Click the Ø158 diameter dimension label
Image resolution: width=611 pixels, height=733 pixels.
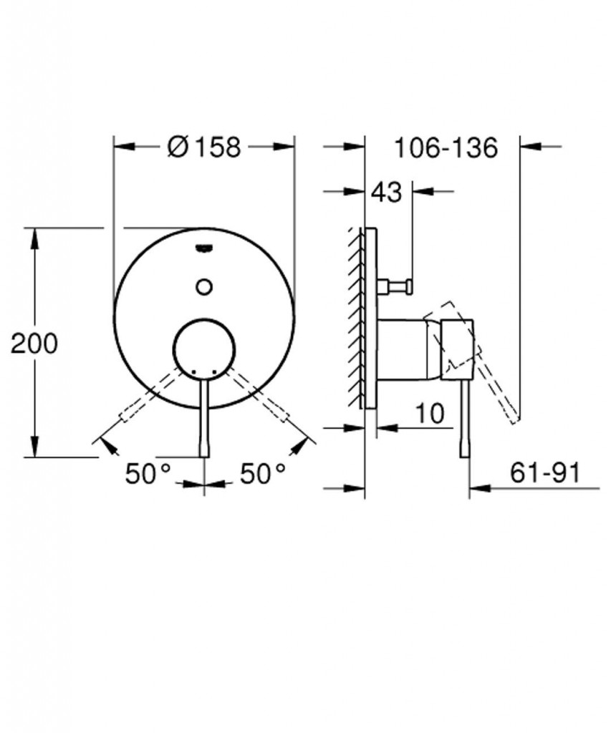point(203,147)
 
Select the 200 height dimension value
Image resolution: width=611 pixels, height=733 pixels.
point(34,344)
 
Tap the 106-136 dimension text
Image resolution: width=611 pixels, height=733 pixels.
point(445,147)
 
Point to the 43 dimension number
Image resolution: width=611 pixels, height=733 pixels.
point(387,193)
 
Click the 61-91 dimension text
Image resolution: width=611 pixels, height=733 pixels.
point(544,472)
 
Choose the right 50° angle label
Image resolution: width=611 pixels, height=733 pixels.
point(262,473)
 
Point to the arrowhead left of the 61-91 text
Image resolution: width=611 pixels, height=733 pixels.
point(478,489)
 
